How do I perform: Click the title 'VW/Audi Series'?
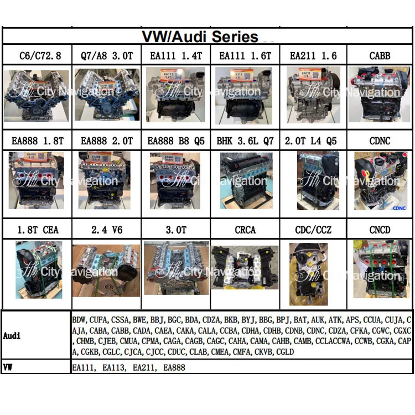pyautogui.click(x=200, y=37)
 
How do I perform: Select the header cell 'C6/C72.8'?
pyautogui.click(x=37, y=56)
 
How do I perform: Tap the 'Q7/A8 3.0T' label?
pyautogui.click(x=106, y=56)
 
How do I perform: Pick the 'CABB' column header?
pyautogui.click(x=380, y=56)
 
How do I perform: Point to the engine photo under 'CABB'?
pyautogui.click(x=380, y=94)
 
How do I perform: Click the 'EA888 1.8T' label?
pyautogui.click(x=37, y=141)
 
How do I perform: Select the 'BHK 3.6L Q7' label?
pyautogui.click(x=245, y=141)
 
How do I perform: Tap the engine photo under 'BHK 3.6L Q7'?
pyautogui.click(x=243, y=180)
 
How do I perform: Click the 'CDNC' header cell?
pyautogui.click(x=380, y=141)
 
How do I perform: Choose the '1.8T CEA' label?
pyautogui.click(x=37, y=229)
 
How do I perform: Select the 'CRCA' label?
pyautogui.click(x=245, y=229)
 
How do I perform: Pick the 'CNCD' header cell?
pyautogui.click(x=380, y=229)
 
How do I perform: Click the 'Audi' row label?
pyautogui.click(x=12, y=336)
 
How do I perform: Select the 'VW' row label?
pyautogui.click(x=8, y=367)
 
